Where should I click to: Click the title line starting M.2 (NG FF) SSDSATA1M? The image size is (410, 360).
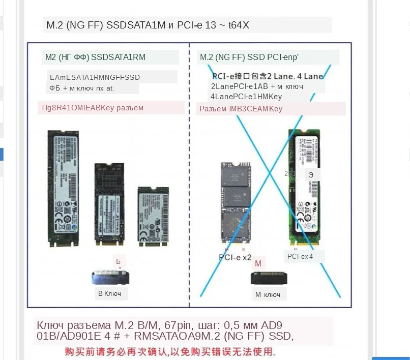(148, 25)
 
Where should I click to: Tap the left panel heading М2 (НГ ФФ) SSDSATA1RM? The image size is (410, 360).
(95, 57)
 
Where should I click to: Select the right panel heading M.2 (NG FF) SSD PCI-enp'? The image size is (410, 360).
(249, 57)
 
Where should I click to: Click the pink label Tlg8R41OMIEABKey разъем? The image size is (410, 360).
(92, 107)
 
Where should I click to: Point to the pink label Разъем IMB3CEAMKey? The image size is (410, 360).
(241, 108)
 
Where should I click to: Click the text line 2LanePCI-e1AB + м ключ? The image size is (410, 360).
(257, 86)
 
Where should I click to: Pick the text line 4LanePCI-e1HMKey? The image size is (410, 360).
(246, 96)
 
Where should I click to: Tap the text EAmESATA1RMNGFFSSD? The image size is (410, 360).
(95, 77)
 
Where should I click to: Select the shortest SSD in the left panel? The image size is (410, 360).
(153, 217)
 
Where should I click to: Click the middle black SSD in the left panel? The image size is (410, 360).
(109, 204)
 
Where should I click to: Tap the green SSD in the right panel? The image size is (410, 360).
(304, 189)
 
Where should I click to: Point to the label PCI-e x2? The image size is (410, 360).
(236, 257)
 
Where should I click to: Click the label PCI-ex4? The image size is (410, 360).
(300, 256)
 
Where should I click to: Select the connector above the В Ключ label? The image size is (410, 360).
(111, 277)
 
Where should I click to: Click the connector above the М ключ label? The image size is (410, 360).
(269, 279)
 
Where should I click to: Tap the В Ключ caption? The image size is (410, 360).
(109, 293)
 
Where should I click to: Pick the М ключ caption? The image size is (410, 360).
(268, 294)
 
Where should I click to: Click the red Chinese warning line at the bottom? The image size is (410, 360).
(170, 351)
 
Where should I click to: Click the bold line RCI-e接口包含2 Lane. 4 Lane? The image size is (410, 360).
(268, 76)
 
